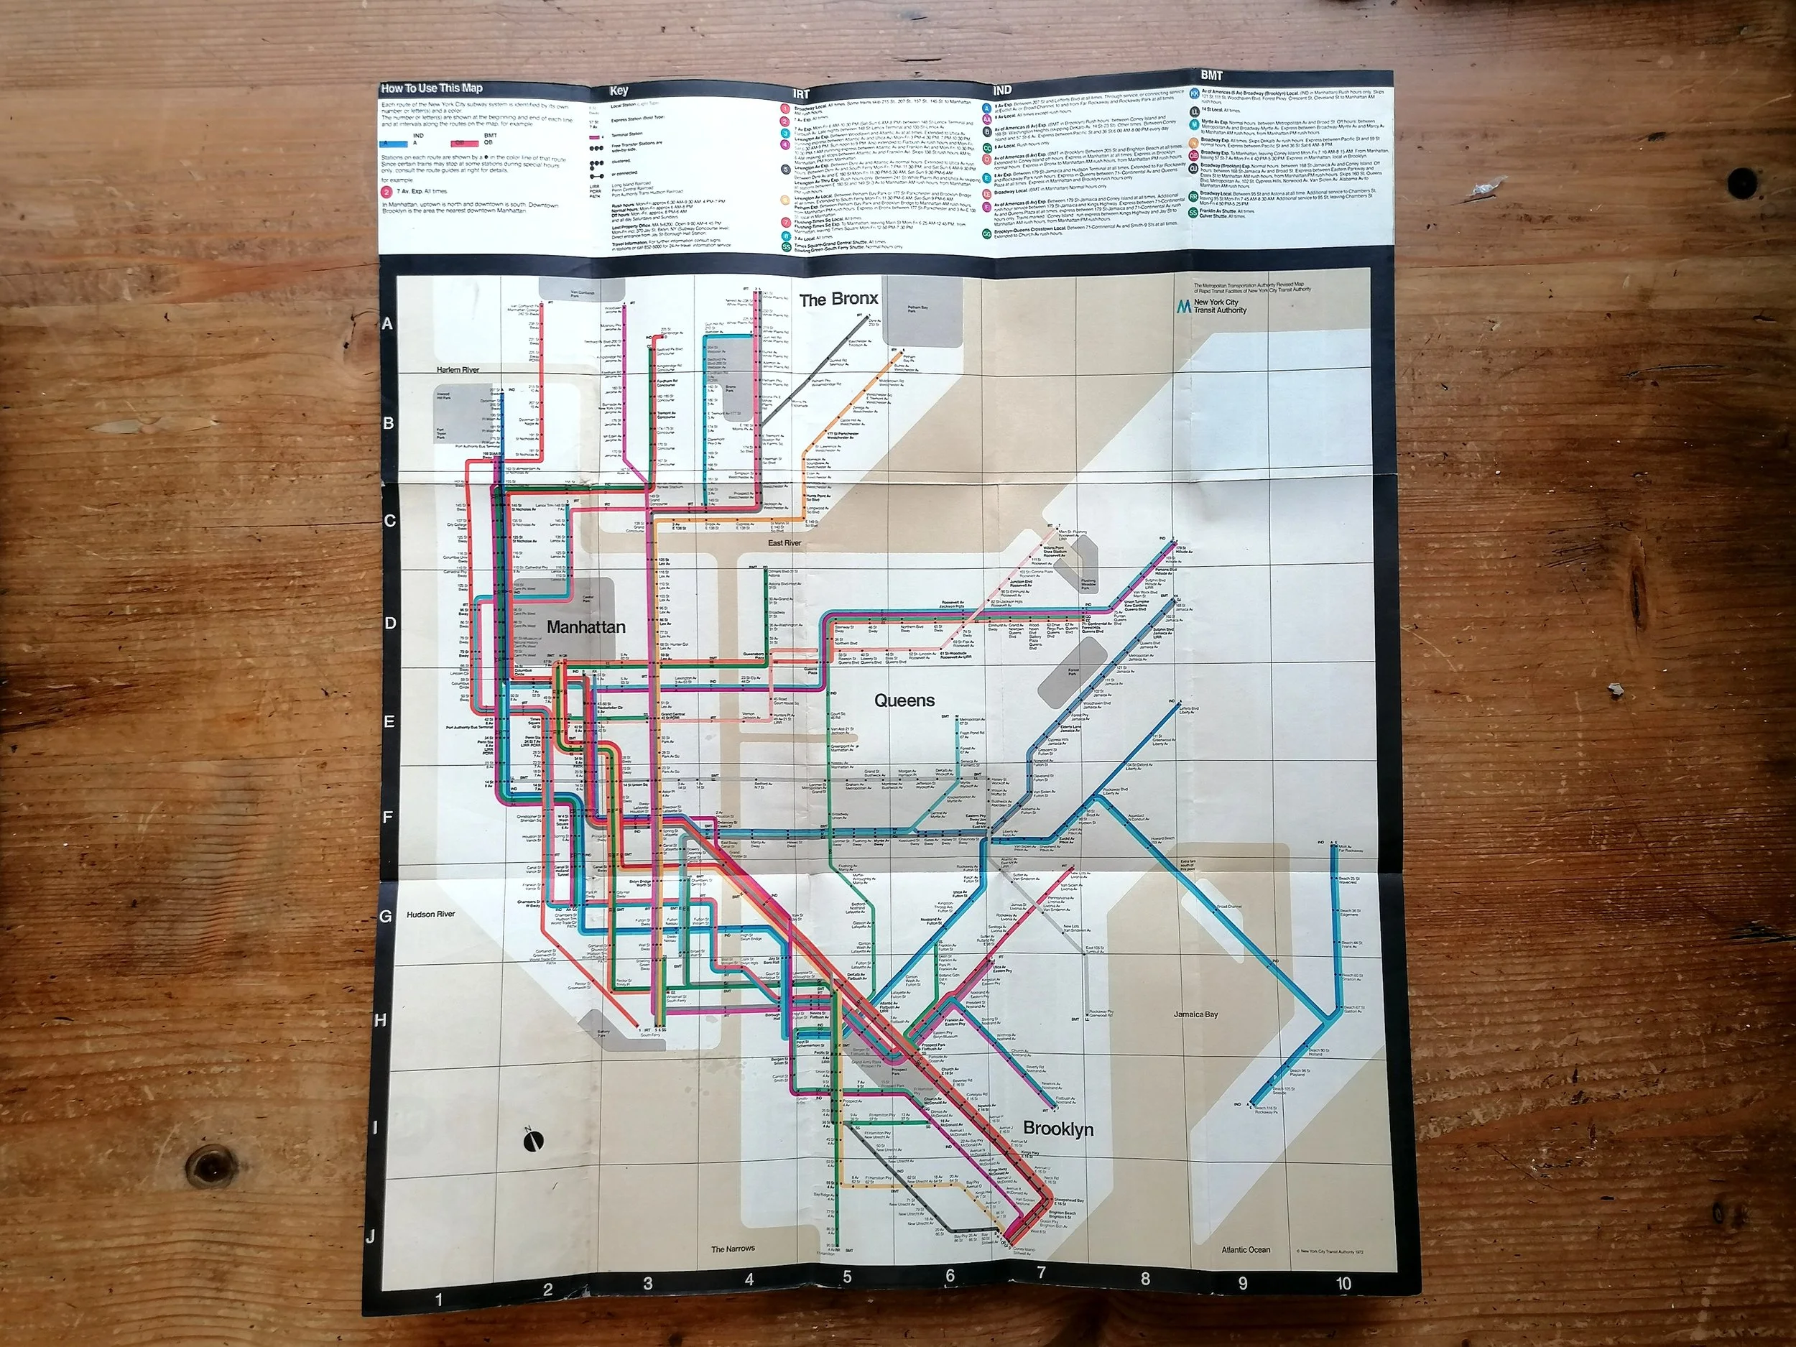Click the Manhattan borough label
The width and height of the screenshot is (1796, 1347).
(585, 627)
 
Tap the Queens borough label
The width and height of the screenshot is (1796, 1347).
(904, 700)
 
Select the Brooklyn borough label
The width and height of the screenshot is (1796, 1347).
(1058, 1129)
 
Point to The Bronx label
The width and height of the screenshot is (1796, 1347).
(838, 299)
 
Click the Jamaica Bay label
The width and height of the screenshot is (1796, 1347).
(1195, 1014)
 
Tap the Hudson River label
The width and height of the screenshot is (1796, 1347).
(430, 915)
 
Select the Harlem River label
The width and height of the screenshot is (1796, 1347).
(458, 369)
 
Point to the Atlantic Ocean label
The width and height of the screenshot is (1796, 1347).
(1246, 1249)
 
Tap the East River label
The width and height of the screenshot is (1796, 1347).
(784, 542)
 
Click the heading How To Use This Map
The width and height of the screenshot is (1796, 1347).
(432, 88)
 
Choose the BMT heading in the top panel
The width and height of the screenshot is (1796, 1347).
(1211, 75)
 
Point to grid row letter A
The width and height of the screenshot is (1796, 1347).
(387, 323)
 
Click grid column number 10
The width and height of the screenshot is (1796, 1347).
(1343, 1284)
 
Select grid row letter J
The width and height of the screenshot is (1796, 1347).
(370, 1236)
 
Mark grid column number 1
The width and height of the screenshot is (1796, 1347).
(438, 1300)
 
